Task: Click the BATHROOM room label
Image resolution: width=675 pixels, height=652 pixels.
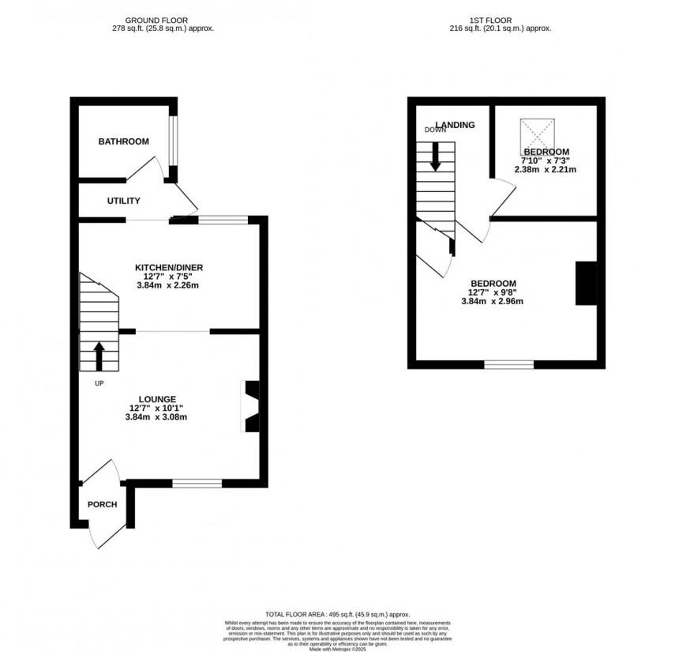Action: (x=123, y=141)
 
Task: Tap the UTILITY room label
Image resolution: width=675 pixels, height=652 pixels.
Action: (x=124, y=201)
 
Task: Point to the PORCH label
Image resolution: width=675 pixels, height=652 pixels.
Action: (x=102, y=504)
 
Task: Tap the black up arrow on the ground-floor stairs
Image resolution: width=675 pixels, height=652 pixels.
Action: (x=99, y=356)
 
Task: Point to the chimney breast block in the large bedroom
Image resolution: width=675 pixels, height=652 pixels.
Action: (x=585, y=283)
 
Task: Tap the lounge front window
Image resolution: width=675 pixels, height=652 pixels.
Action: (x=197, y=482)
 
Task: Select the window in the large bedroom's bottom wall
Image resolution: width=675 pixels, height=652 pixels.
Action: (x=508, y=364)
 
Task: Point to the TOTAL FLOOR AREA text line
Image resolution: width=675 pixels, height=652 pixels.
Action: (x=338, y=613)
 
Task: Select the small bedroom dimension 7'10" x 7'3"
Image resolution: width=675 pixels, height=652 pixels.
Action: (x=546, y=160)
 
